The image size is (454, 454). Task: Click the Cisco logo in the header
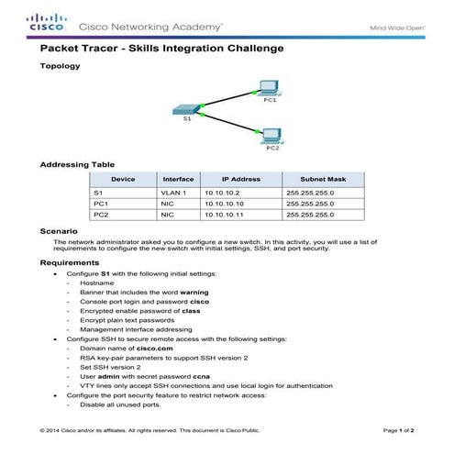coord(46,22)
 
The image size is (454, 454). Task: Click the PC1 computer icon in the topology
coord(269,88)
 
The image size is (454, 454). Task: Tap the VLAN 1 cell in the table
coord(172,193)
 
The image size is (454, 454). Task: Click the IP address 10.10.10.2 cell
coord(221,193)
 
